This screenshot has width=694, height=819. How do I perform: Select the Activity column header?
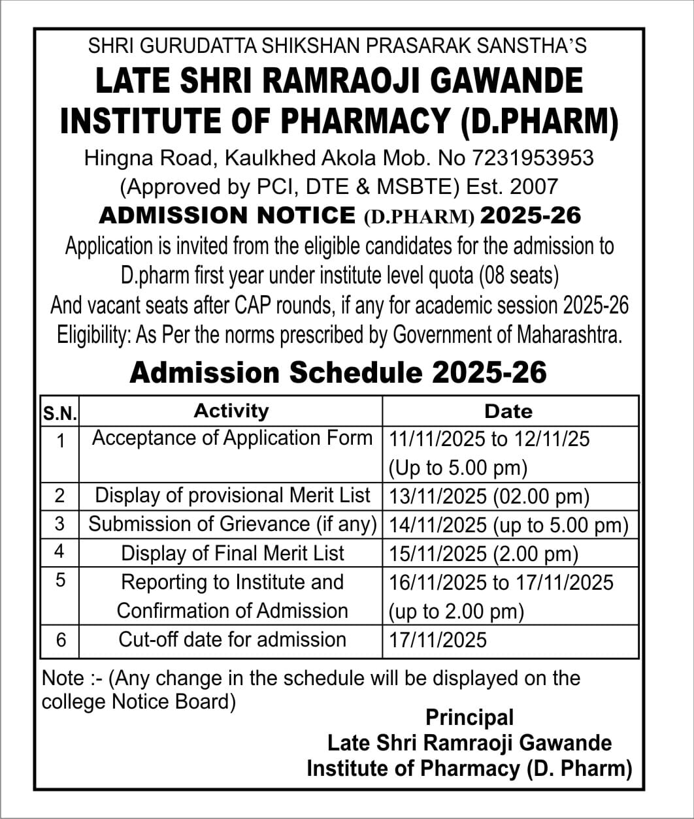tap(231, 411)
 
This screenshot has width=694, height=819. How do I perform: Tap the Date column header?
tap(508, 411)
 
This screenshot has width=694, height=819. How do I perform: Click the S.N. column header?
tap(60, 413)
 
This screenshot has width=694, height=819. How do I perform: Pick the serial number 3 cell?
tap(60, 524)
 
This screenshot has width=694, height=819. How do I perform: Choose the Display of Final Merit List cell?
tap(232, 553)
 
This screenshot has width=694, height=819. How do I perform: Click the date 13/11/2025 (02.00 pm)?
tap(489, 497)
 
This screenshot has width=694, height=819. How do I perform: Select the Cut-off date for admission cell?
tap(232, 639)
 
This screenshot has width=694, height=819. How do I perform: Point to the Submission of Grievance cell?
tap(233, 524)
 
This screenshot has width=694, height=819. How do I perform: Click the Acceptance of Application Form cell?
tap(232, 438)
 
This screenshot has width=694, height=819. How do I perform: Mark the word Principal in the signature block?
tap(469, 717)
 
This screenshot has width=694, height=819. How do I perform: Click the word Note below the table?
tap(63, 678)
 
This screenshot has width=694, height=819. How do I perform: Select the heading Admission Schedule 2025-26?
tap(338, 373)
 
